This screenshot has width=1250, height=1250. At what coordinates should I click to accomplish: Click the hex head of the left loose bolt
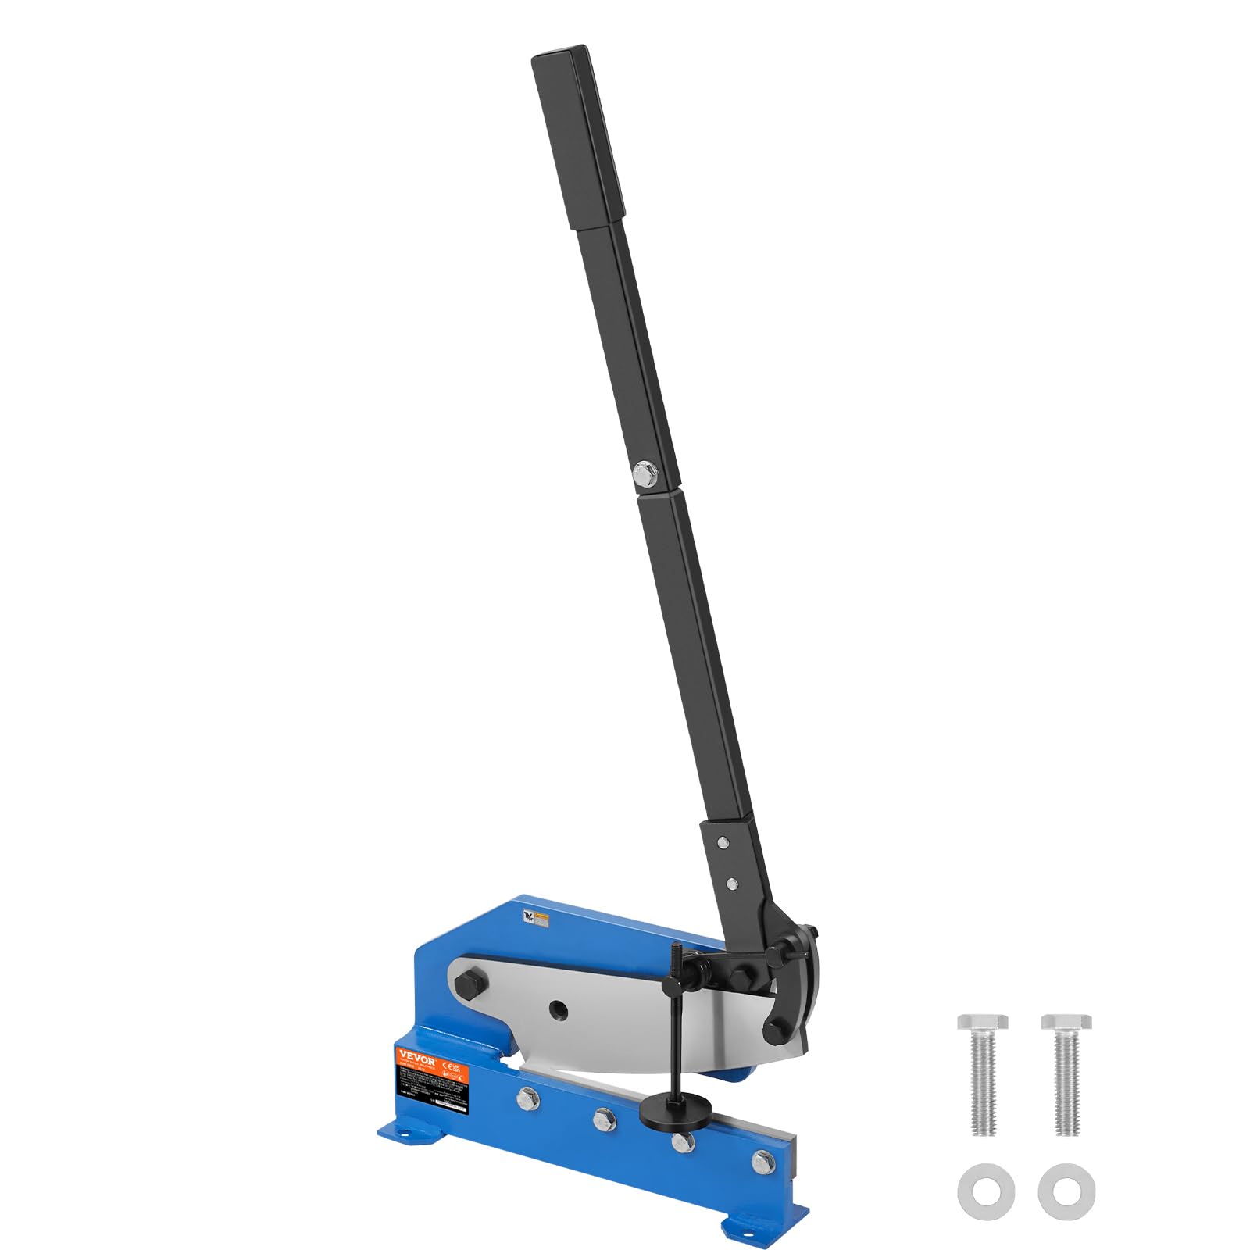(x=982, y=1022)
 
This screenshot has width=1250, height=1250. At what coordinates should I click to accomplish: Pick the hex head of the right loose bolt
(x=1066, y=1022)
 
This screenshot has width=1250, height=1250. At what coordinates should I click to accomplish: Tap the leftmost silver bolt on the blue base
(x=527, y=1098)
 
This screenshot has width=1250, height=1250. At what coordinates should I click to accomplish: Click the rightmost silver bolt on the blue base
(x=762, y=1162)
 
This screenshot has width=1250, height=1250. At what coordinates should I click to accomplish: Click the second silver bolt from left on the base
(x=603, y=1120)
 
